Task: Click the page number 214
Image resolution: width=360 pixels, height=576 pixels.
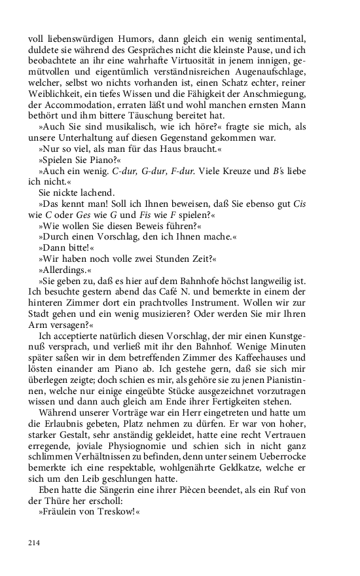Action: coord(35,542)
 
